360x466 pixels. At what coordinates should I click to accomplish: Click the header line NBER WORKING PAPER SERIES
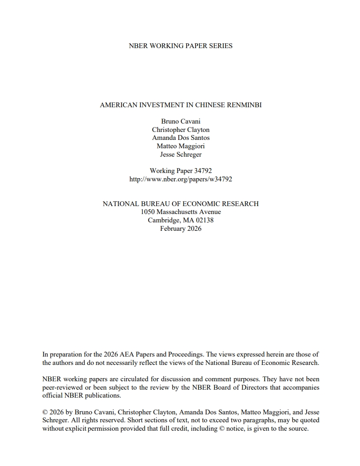(x=180, y=46)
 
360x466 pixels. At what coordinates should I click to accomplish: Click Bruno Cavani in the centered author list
(x=180, y=121)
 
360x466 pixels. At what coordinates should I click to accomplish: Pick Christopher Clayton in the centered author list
(x=180, y=130)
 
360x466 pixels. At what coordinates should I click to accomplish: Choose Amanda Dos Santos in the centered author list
(x=180, y=138)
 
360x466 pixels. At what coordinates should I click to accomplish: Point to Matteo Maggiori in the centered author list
(x=180, y=146)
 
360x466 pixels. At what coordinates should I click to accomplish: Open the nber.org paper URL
(x=180, y=179)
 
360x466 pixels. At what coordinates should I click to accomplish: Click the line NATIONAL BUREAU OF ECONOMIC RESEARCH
(x=180, y=204)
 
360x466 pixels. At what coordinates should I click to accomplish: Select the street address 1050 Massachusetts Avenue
(x=180, y=212)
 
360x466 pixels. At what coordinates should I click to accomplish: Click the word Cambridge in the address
(x=163, y=220)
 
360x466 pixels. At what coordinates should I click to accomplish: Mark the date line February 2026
(x=180, y=229)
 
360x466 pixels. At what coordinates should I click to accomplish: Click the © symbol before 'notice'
(x=221, y=428)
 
